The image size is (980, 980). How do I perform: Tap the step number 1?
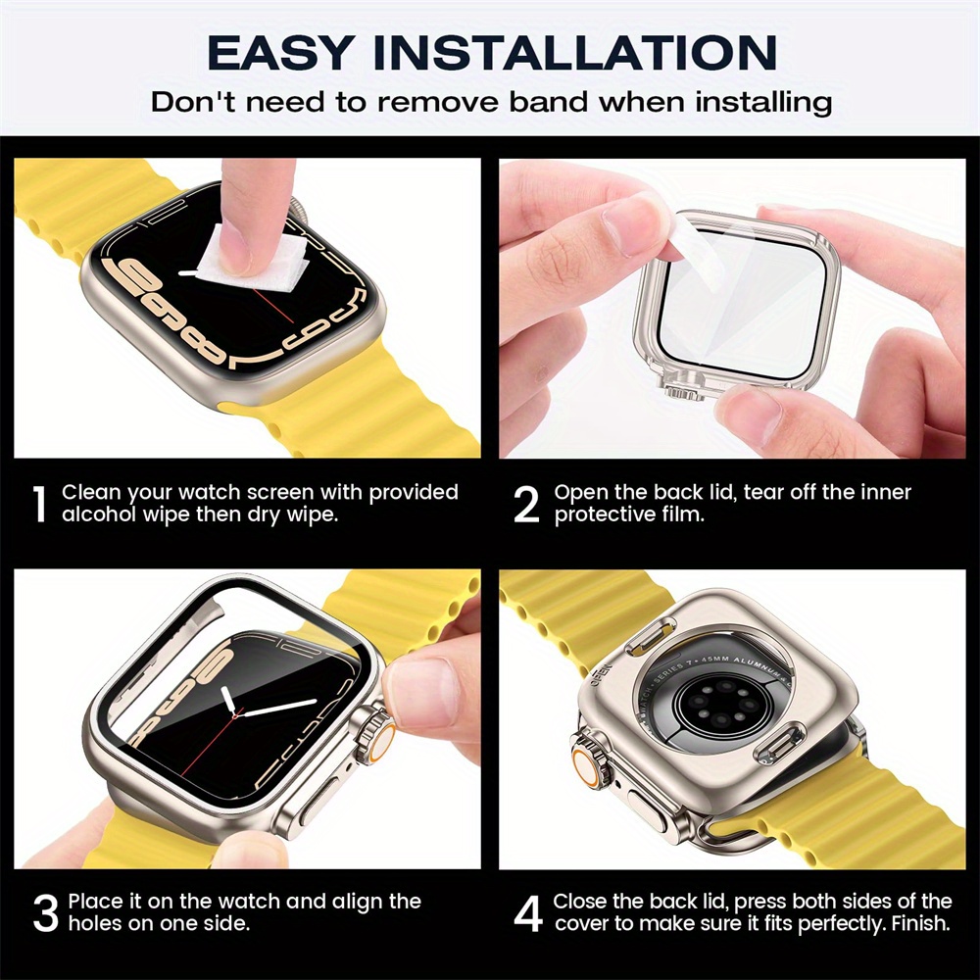coord(39,504)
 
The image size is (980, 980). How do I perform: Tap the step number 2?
coord(526,504)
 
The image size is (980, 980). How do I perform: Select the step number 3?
coord(45,912)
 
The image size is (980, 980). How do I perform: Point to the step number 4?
coord(527,912)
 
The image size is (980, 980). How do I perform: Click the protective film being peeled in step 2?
coord(700,250)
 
